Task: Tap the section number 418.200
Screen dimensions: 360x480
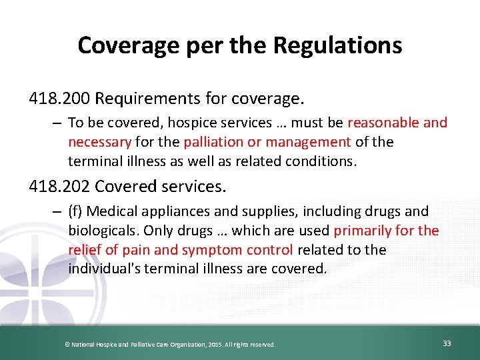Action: [x=59, y=99]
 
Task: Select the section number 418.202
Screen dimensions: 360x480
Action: [x=59, y=186]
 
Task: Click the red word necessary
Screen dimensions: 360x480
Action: [x=99, y=142]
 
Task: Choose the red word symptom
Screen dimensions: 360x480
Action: [x=220, y=250]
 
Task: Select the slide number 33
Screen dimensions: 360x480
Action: [x=447, y=343]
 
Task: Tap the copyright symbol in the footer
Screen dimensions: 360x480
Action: [x=66, y=344]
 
